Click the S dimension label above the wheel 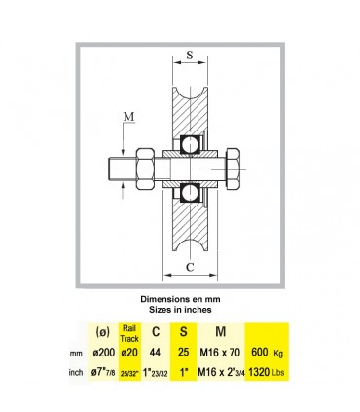[x=190, y=55]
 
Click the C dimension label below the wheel [x=190, y=267]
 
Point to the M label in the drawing [x=129, y=116]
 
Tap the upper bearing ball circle [x=190, y=145]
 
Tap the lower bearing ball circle [x=190, y=193]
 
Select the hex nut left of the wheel [x=145, y=169]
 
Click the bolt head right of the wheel [x=233, y=169]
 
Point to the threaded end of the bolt [x=122, y=169]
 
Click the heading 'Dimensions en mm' [x=180, y=299]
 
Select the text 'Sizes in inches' [x=180, y=310]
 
